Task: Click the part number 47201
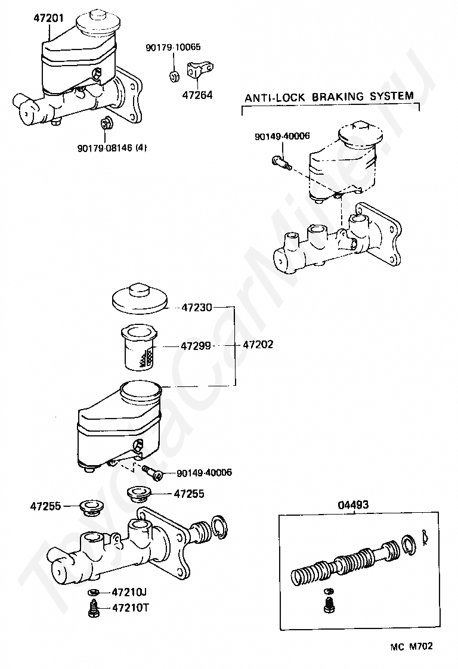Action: (49, 18)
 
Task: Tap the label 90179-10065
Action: (173, 47)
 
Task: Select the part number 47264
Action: (197, 95)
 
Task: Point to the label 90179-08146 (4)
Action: (112, 148)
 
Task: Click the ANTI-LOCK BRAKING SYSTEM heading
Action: (329, 97)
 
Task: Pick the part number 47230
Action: (196, 307)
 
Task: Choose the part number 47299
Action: (196, 346)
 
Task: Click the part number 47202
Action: (258, 344)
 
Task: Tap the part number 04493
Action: (353, 506)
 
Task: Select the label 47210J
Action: (129, 592)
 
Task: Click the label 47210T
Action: (131, 608)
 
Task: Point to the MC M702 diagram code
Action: (411, 647)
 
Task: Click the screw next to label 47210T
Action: (92, 608)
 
